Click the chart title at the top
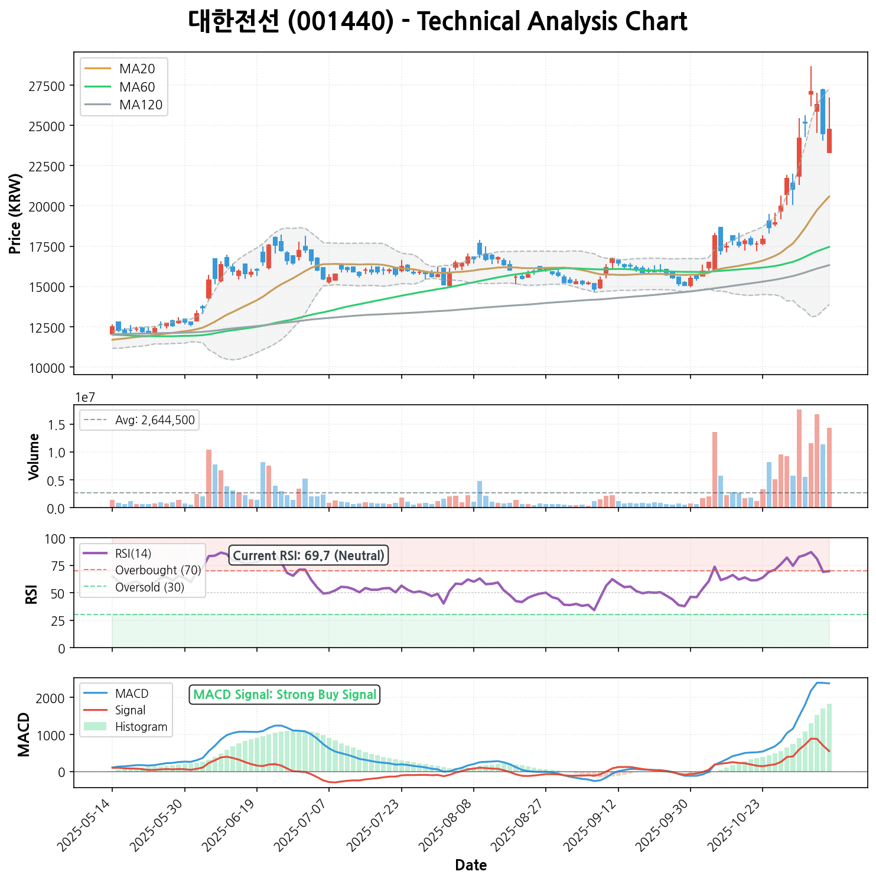(438, 22)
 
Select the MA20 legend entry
(137, 69)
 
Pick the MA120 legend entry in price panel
(141, 105)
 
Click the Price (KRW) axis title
(16, 213)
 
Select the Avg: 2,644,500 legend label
(155, 420)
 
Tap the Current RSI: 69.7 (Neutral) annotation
(308, 555)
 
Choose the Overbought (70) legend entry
(158, 570)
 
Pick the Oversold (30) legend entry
(149, 587)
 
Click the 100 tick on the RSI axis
(57, 538)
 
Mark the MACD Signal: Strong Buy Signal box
(285, 694)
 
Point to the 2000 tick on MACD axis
(53, 698)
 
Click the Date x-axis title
(471, 866)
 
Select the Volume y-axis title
(34, 456)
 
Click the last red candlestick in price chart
(829, 141)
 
